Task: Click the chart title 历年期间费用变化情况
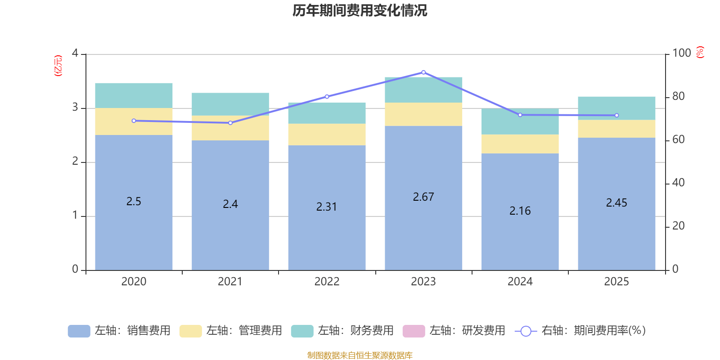click(x=360, y=10)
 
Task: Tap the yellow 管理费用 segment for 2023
click(x=423, y=114)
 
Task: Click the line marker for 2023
click(x=423, y=72)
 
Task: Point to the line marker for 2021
click(x=230, y=123)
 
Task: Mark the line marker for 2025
click(x=616, y=116)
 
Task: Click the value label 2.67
click(x=423, y=197)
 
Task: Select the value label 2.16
click(x=520, y=211)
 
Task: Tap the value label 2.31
click(x=327, y=207)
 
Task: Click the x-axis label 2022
click(x=327, y=282)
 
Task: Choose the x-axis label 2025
click(x=616, y=282)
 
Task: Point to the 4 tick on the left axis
click(x=75, y=53)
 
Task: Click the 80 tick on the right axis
click(x=678, y=96)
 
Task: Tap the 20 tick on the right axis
click(x=678, y=226)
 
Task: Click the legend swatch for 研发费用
click(x=414, y=331)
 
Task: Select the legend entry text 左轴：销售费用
click(x=132, y=331)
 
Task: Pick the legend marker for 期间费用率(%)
click(x=526, y=331)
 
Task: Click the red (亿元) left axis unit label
click(x=58, y=66)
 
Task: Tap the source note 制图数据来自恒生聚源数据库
click(x=360, y=355)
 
